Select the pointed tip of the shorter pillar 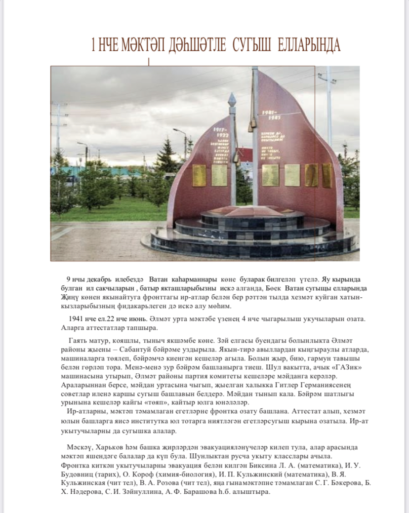(x=232, y=98)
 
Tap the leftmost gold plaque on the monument (x=199, y=175)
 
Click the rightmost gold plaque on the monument (x=327, y=176)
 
